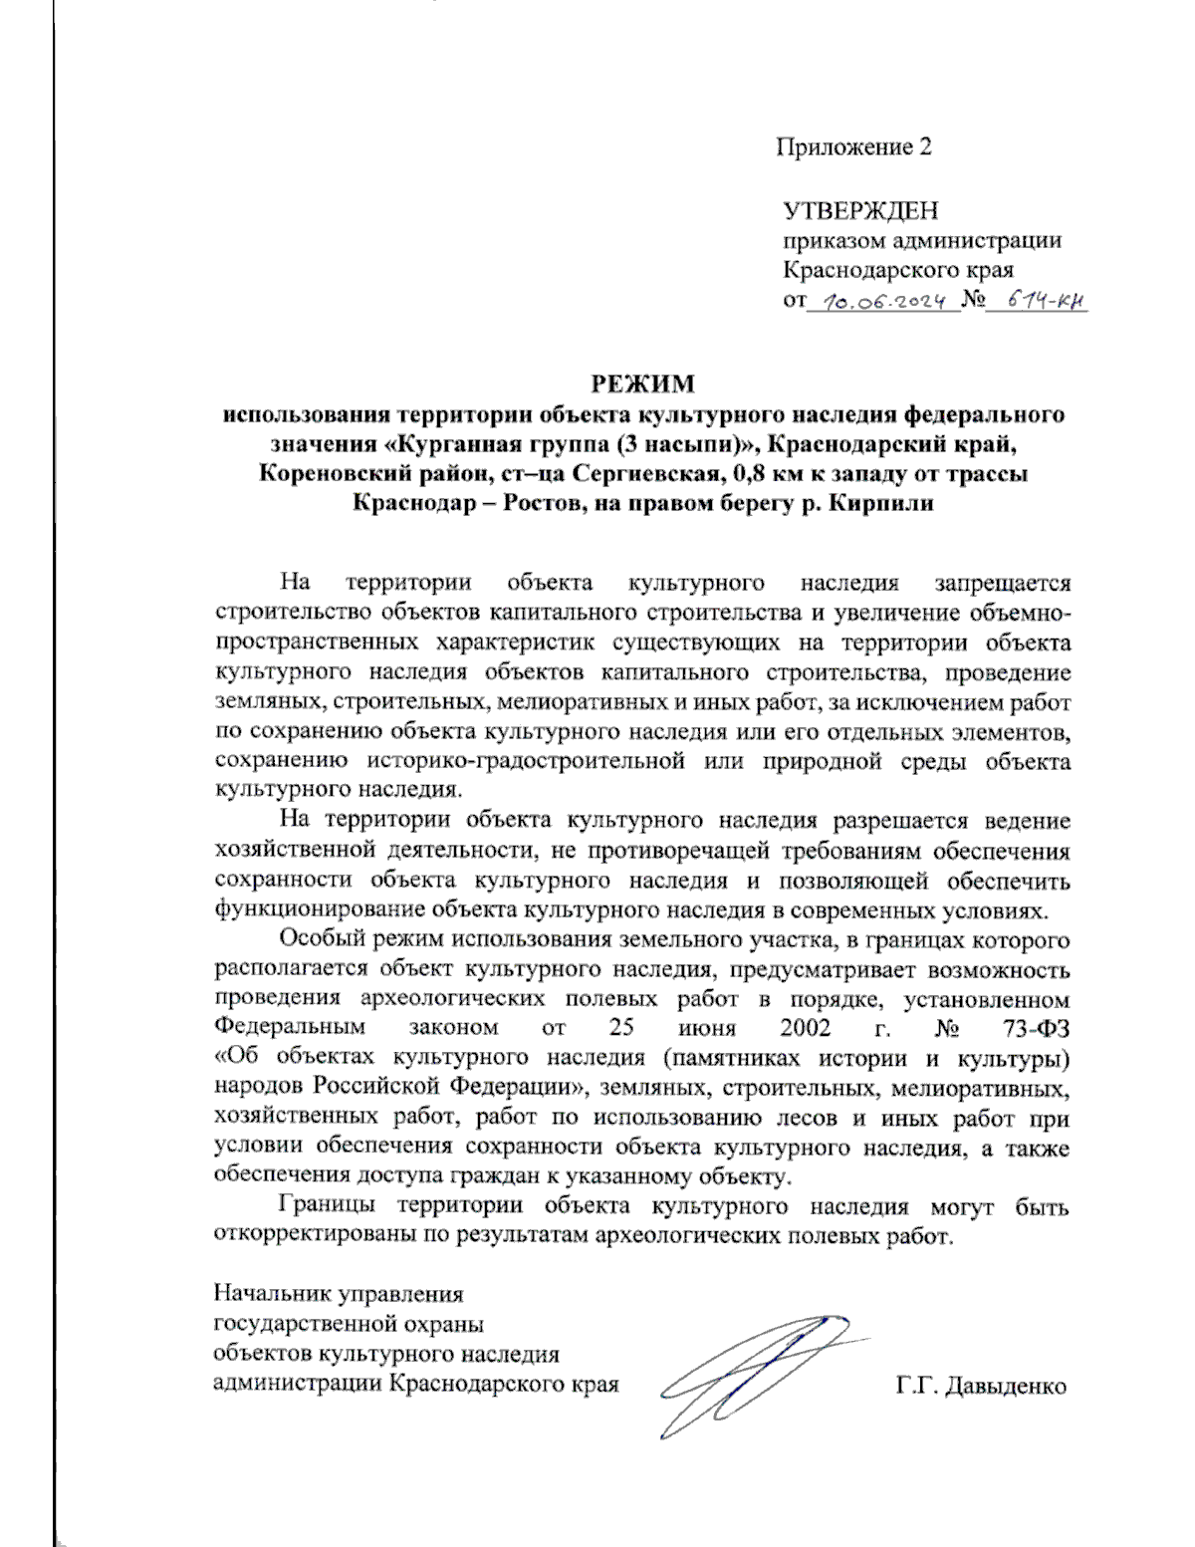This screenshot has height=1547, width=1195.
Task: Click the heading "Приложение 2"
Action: tap(853, 147)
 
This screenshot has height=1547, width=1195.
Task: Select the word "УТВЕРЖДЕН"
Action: tap(860, 210)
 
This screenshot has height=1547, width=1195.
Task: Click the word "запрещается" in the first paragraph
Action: tap(1002, 583)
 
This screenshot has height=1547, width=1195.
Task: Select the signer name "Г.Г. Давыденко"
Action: tap(980, 1386)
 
